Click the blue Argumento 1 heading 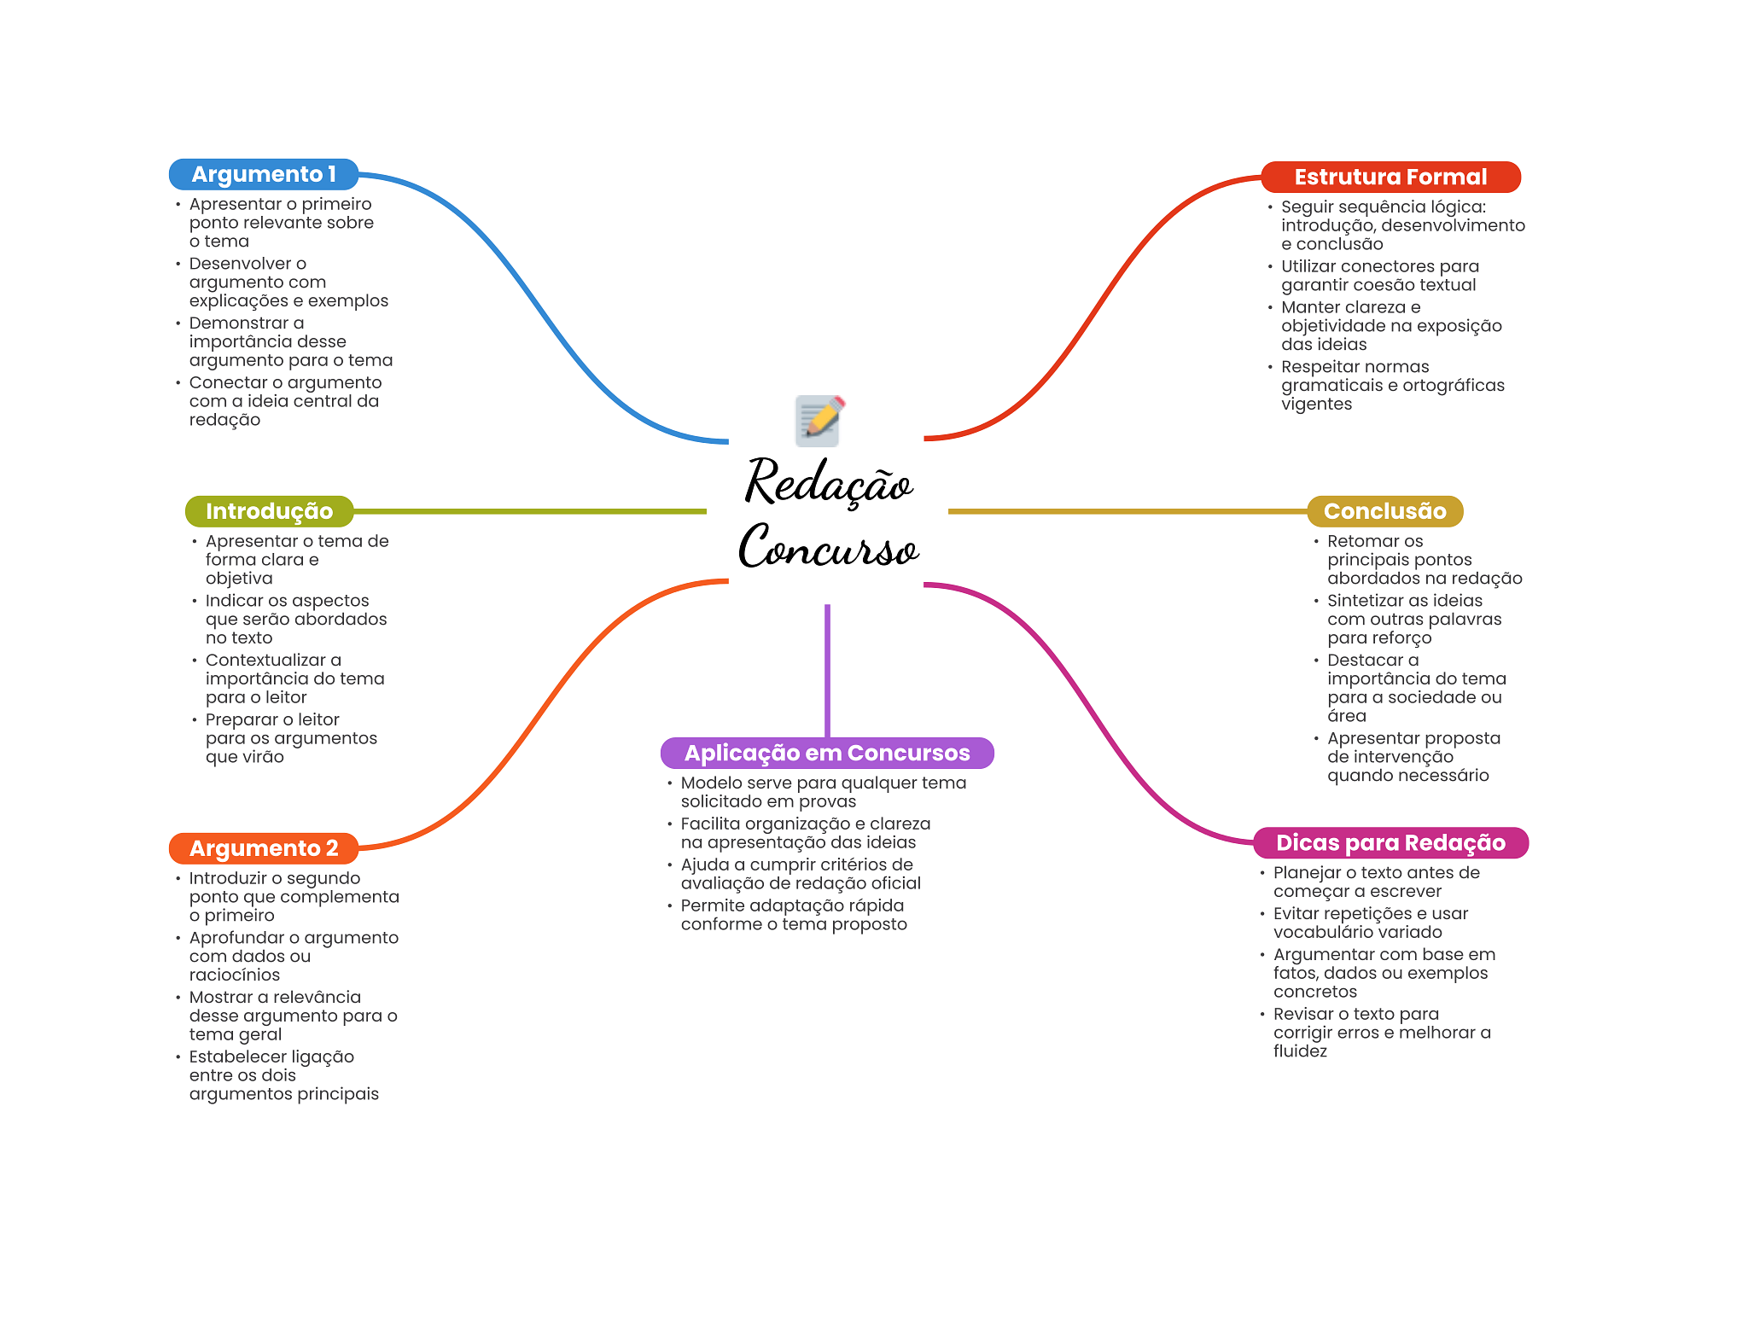point(264,174)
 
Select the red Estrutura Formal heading point(1390,177)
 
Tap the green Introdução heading point(269,511)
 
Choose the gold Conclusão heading point(1384,511)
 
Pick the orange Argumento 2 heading point(264,848)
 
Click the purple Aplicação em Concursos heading point(827,753)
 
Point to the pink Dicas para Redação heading point(1390,843)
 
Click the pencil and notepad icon point(819,420)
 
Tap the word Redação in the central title point(830,483)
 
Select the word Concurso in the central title point(829,547)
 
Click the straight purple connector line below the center point(827,671)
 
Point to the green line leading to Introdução point(530,511)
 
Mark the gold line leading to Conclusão point(1127,511)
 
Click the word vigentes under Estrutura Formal point(1316,405)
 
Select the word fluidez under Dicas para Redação point(1300,1051)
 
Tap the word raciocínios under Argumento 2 point(234,975)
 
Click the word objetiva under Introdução point(239,579)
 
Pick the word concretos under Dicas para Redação point(1315,992)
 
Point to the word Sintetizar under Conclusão point(1367,601)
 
